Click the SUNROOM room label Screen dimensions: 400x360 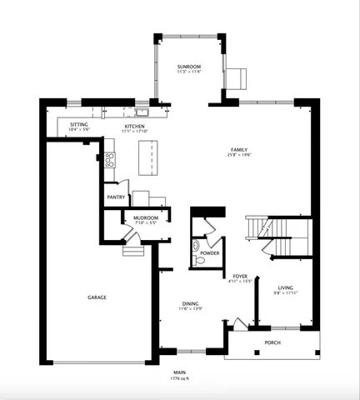pyautogui.click(x=188, y=67)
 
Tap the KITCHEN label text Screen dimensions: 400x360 pyautogui.click(x=134, y=125)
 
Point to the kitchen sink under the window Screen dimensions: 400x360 pyautogui.click(x=142, y=112)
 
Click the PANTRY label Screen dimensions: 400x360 pyautogui.click(x=116, y=197)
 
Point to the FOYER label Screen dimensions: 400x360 pyautogui.click(x=240, y=276)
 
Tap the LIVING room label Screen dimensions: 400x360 pyautogui.click(x=285, y=288)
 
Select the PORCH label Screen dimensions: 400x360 pyautogui.click(x=272, y=342)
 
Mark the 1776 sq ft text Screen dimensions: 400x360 pyautogui.click(x=179, y=378)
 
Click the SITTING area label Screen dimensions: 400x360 pyautogui.click(x=79, y=125)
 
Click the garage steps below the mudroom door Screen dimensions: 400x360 pyautogui.click(x=133, y=249)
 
